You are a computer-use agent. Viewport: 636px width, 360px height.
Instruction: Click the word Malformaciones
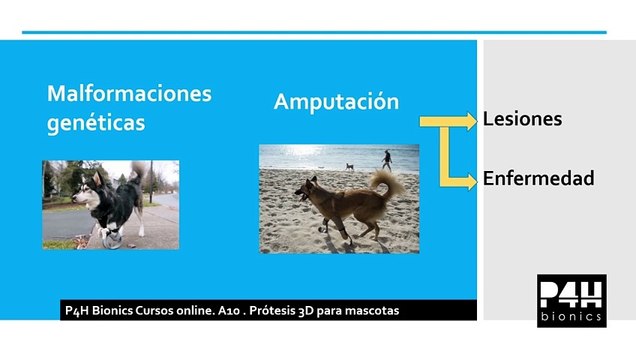coord(130,94)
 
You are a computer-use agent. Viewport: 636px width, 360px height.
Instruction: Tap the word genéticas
coord(96,123)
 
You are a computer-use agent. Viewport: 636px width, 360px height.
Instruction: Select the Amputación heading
coord(336,102)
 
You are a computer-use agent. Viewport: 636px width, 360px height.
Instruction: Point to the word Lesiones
coord(522,119)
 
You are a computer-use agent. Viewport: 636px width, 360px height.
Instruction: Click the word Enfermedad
coord(538,179)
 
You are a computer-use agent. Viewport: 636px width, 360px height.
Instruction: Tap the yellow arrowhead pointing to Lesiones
coord(471,121)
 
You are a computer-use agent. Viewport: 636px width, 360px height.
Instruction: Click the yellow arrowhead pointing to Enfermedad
coord(471,181)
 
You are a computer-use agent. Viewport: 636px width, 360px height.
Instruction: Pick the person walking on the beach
coord(387,159)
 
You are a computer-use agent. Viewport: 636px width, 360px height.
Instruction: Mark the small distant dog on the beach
coord(349,166)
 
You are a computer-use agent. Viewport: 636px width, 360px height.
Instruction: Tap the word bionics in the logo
coord(571,315)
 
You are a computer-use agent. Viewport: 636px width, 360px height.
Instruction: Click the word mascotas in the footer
coord(369,311)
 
